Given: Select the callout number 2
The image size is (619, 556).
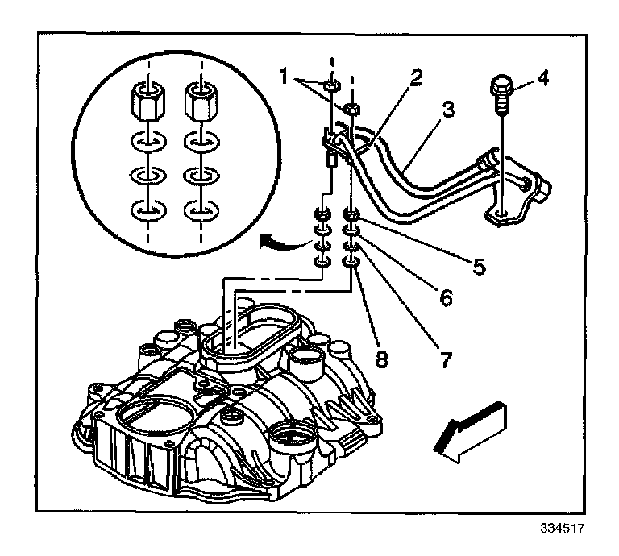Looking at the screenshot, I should pos(415,78).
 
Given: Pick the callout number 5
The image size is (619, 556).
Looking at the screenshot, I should pos(479,265).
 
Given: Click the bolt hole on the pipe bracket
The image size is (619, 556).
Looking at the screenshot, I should pos(501,213).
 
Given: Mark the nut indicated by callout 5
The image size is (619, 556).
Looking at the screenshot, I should pos(352,215).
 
